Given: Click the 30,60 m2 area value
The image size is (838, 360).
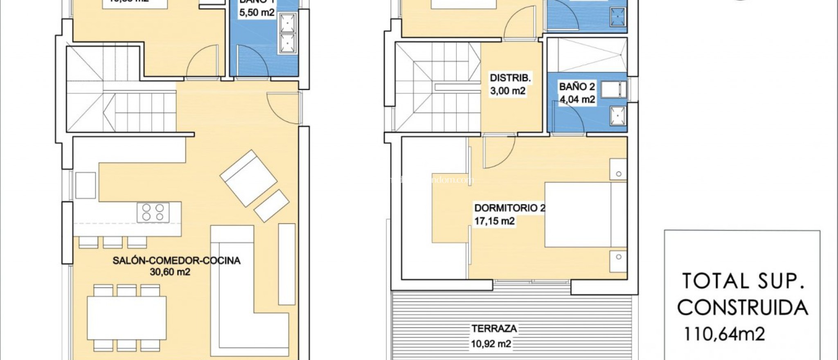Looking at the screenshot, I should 170,272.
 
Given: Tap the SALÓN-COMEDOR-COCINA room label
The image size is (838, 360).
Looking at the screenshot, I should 176,261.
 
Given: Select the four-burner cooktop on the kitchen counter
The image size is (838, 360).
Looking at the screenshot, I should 153,212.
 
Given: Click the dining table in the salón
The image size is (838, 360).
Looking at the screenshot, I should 126,318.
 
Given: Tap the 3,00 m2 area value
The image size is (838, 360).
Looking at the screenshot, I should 508,91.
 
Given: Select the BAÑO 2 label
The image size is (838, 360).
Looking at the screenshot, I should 577,87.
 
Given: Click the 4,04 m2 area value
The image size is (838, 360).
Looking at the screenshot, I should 577,99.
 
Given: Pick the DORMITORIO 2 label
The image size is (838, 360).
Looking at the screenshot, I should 509,208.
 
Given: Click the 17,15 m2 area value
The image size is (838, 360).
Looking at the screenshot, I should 494,221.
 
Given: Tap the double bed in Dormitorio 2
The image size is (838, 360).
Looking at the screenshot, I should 585,215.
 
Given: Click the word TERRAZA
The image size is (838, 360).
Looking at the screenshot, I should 494,328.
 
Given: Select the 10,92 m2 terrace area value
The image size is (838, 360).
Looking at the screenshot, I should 491,344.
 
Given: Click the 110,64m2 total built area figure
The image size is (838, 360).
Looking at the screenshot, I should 724,334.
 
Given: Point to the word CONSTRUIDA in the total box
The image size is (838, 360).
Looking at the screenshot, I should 743,308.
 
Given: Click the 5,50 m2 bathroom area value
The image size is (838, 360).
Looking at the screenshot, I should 257,13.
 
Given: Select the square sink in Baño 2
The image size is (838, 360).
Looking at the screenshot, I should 617,115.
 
